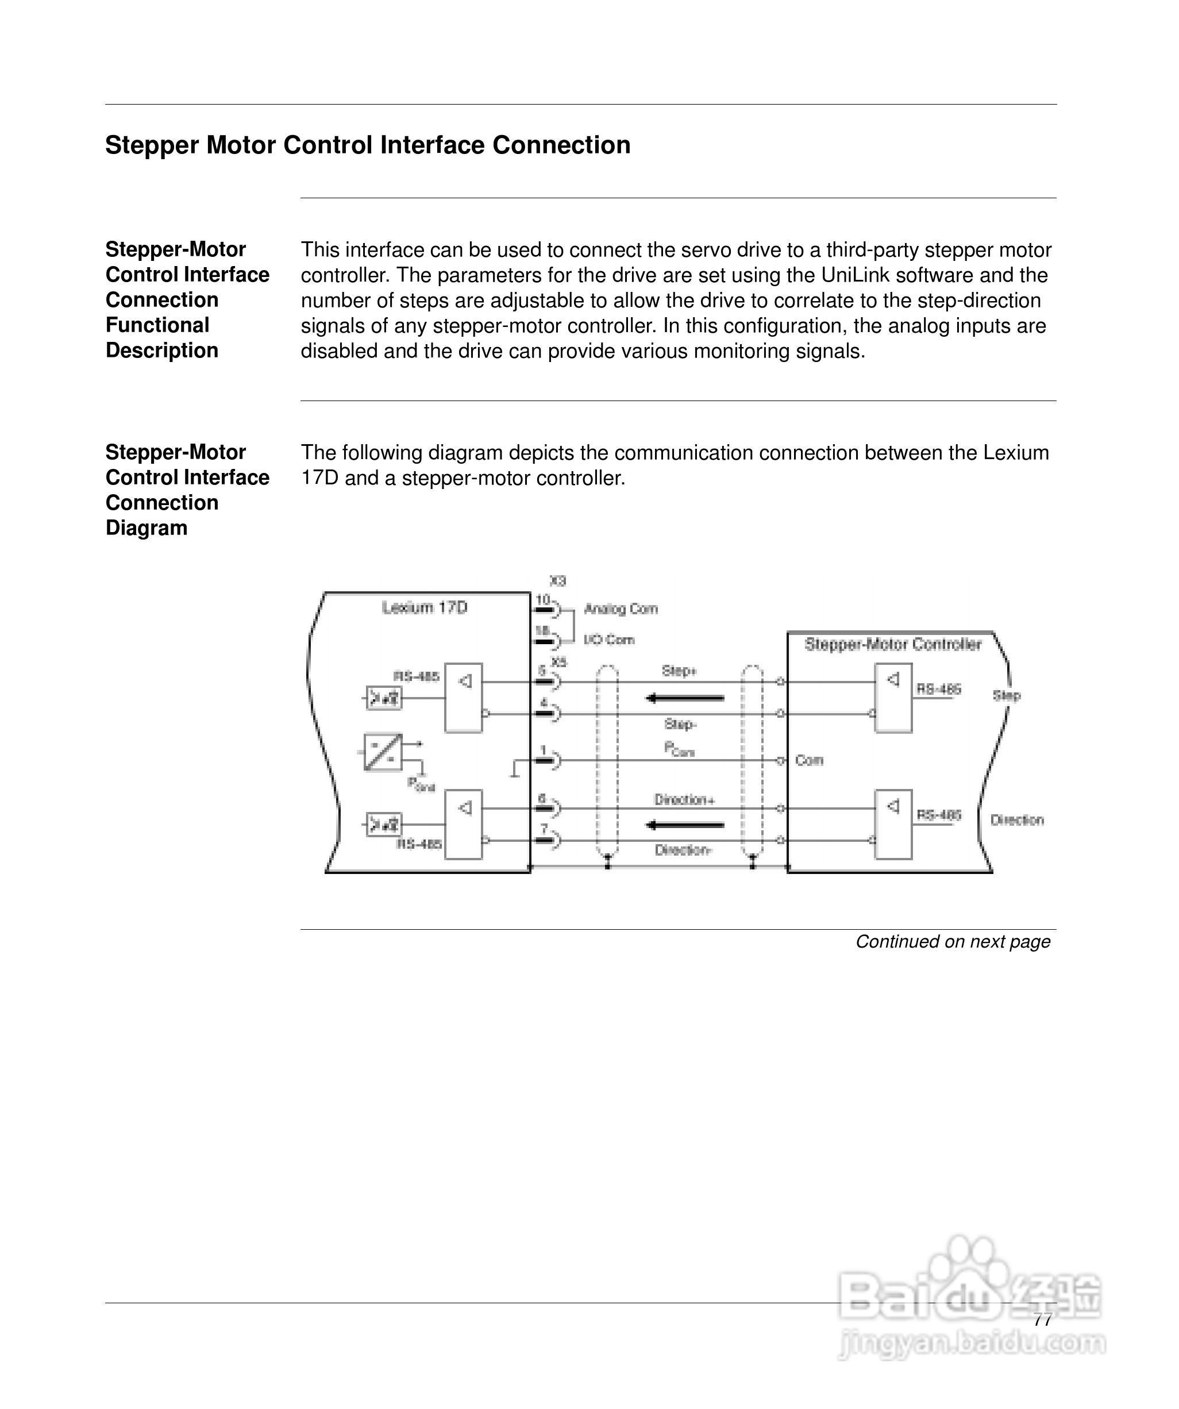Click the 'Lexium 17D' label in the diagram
(424, 608)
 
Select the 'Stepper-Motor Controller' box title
(892, 645)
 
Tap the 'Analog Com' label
(621, 609)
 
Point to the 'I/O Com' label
(608, 640)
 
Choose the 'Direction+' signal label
(684, 800)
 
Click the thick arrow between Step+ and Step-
(684, 698)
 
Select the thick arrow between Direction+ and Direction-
(684, 825)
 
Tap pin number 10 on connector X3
(542, 600)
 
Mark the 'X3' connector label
(558, 581)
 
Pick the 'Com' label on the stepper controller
(808, 761)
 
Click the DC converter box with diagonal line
(383, 752)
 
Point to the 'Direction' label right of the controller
(1016, 820)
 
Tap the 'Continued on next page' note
(952, 942)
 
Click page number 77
(1042, 1321)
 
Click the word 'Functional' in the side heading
(157, 325)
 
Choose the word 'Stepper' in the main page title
(152, 145)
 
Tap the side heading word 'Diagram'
(147, 528)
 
